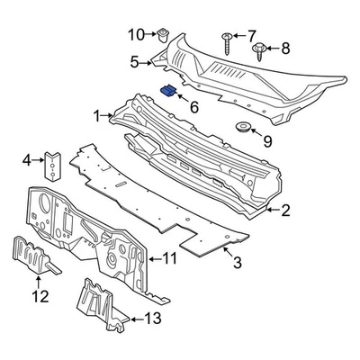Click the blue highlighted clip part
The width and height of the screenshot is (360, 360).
(x=167, y=90)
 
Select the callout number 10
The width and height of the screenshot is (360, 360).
(x=136, y=35)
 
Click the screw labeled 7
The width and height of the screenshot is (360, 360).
(x=224, y=43)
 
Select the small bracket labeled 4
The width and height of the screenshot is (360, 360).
(x=53, y=164)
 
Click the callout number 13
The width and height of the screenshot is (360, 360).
(x=153, y=317)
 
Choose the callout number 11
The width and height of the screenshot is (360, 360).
(x=170, y=259)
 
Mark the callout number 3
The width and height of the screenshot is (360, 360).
(x=238, y=263)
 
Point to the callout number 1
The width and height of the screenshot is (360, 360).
(x=97, y=116)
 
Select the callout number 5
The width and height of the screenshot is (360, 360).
(x=134, y=62)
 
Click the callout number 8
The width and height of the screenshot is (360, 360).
(x=286, y=48)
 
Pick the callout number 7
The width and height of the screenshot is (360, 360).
(x=251, y=34)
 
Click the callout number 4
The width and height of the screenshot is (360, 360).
(x=27, y=161)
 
